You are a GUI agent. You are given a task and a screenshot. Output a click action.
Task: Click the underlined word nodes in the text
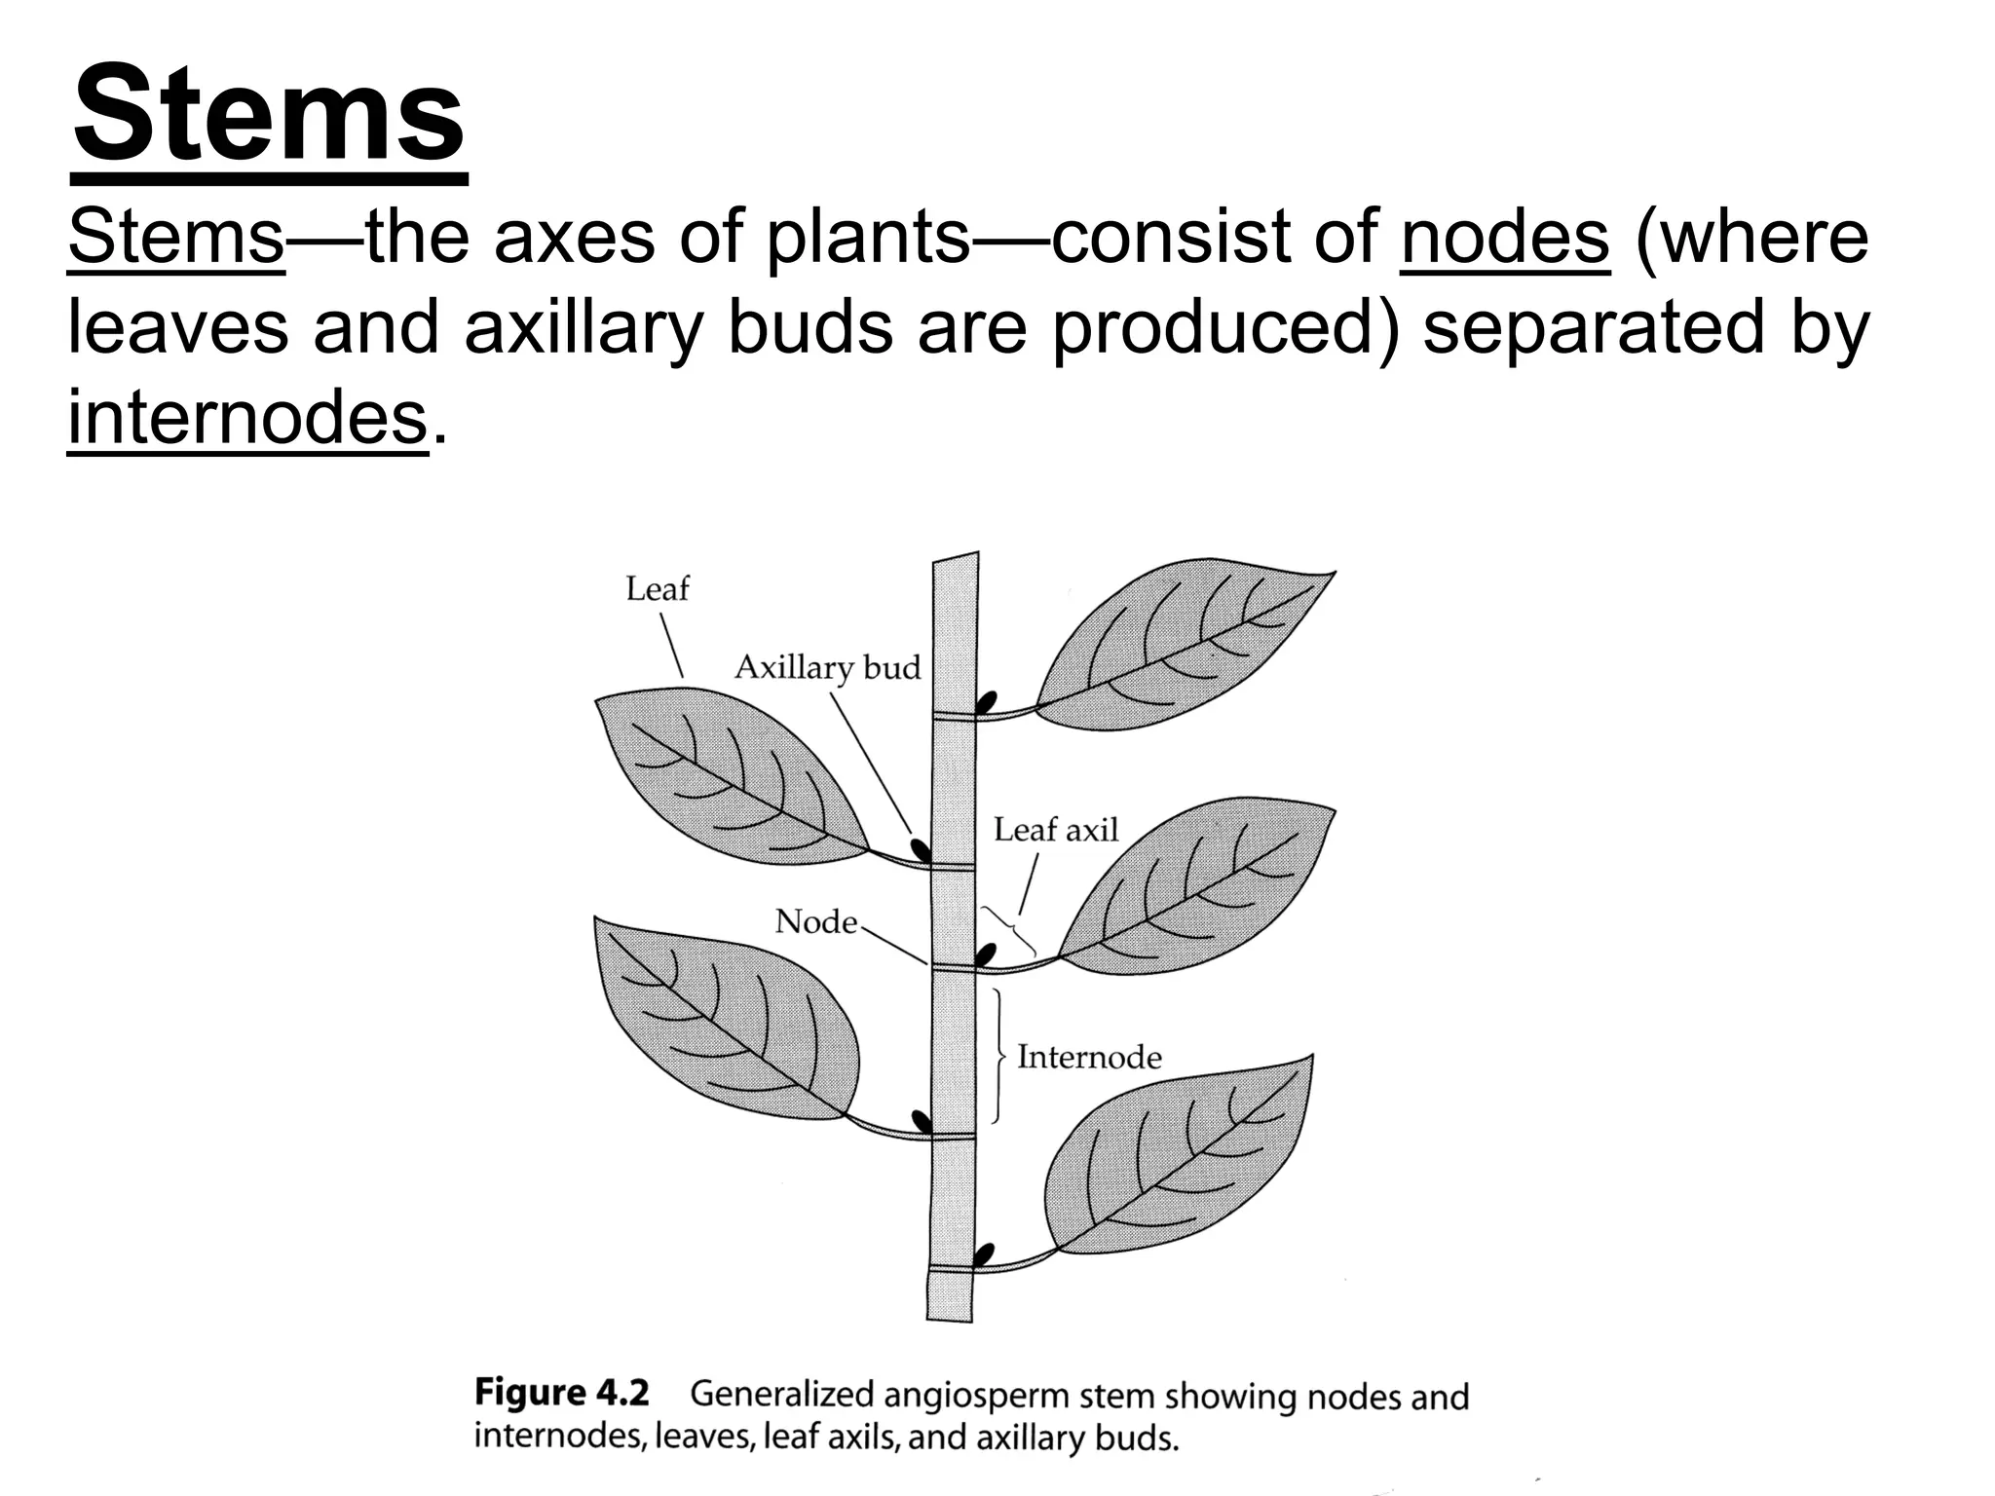tap(1505, 237)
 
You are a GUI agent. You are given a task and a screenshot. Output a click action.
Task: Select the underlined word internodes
tap(247, 418)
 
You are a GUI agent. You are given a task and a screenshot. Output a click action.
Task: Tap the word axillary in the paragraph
tap(583, 327)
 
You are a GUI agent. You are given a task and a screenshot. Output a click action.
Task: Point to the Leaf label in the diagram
tap(657, 589)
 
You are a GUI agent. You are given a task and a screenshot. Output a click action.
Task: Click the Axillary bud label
tap(827, 668)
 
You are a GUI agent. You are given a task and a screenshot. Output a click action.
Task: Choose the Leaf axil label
tap(1056, 830)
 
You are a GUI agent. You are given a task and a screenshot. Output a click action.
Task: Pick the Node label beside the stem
tap(815, 921)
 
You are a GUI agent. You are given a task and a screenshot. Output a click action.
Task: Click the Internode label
tap(1089, 1058)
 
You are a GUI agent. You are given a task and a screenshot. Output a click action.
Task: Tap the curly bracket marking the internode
tap(998, 1057)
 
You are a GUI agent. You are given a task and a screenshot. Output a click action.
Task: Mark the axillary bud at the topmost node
tap(988, 702)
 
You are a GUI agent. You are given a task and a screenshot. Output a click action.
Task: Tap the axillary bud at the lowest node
tap(986, 1253)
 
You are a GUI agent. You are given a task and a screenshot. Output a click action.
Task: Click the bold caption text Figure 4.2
tap(561, 1393)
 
